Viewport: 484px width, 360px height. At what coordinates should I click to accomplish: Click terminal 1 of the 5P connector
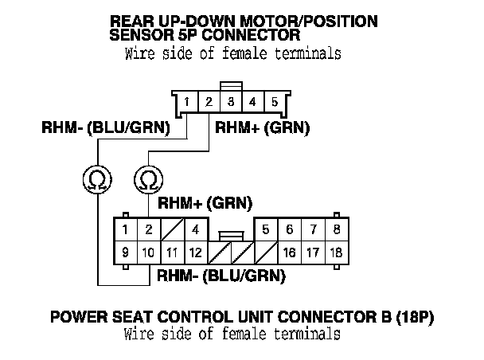[185, 102]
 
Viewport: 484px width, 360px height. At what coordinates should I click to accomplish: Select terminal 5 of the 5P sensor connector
[275, 102]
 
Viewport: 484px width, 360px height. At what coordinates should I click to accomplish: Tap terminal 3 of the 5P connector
[230, 102]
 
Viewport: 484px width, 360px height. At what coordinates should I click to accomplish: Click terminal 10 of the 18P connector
[148, 253]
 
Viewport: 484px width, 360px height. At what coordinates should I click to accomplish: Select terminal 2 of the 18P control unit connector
[148, 230]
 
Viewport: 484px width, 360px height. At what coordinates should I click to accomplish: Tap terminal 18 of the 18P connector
[336, 253]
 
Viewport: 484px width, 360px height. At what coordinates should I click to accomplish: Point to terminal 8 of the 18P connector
[337, 230]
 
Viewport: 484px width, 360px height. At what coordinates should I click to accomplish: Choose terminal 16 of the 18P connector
[289, 253]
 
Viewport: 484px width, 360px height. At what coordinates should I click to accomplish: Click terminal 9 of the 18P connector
[126, 253]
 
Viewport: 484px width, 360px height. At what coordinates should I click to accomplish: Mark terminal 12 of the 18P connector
[194, 253]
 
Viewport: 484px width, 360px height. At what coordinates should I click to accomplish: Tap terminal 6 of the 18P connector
[289, 230]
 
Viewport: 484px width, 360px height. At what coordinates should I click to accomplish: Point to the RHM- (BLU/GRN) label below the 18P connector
[221, 276]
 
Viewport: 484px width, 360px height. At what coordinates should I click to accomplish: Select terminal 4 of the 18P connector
[194, 230]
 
